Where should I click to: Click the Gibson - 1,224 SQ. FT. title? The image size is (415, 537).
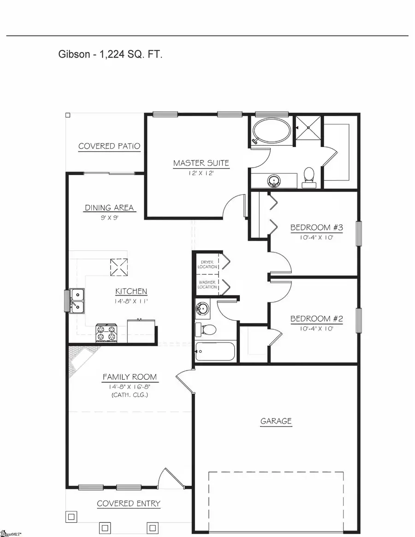pos(110,54)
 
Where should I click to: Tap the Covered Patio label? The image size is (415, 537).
pos(109,146)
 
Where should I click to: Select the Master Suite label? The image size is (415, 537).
pos(201,163)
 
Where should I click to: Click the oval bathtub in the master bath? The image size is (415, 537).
pos(272,131)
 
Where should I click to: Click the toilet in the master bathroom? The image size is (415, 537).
pos(309,177)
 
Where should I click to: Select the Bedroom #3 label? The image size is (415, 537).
pos(316,227)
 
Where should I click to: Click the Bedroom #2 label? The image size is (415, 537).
pos(316,319)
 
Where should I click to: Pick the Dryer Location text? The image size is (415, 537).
pos(207,264)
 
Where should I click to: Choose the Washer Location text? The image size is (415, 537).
pos(207,284)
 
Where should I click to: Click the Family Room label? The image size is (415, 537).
pos(130,377)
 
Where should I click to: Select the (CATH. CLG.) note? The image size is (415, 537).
pos(130,395)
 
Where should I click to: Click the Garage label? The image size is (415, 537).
pos(276,421)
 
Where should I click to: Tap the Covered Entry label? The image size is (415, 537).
pos(129,503)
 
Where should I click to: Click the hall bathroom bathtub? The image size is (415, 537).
pos(215,352)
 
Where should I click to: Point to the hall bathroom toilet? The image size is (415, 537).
pos(206,329)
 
